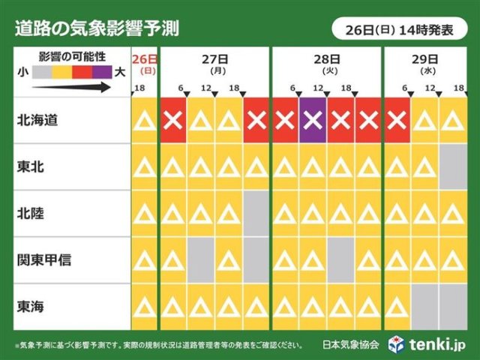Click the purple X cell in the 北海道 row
pyautogui.click(x=312, y=120)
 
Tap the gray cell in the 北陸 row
pyautogui.click(x=256, y=213)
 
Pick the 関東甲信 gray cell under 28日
pyautogui.click(x=340, y=259)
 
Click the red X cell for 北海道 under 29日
pyautogui.click(x=397, y=120)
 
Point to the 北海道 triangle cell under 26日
pyautogui.click(x=144, y=120)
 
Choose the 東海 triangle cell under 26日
pyautogui.click(x=144, y=306)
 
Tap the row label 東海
pyautogui.click(x=34, y=306)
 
